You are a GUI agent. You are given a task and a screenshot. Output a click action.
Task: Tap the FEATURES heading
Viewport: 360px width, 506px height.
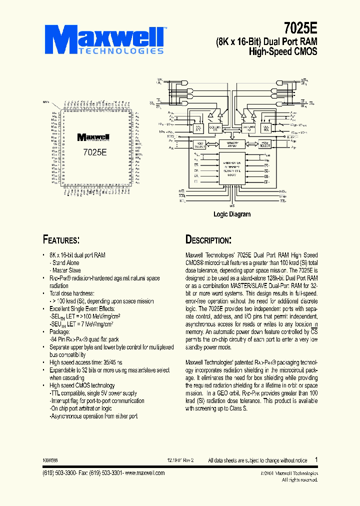click(x=61, y=239)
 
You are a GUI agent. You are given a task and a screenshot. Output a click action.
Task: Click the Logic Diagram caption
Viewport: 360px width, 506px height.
click(x=232, y=214)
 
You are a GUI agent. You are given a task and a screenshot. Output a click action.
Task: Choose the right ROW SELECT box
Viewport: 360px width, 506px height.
click(x=264, y=144)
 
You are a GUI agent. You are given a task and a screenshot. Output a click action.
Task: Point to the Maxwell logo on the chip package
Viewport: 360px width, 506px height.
click(x=92, y=136)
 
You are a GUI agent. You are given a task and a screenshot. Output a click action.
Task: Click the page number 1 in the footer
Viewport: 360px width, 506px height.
click(x=316, y=459)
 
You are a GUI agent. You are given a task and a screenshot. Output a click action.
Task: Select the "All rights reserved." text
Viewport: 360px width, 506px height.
click(x=299, y=479)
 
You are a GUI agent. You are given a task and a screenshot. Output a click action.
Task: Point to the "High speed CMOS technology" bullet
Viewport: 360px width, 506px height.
click(x=82, y=385)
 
